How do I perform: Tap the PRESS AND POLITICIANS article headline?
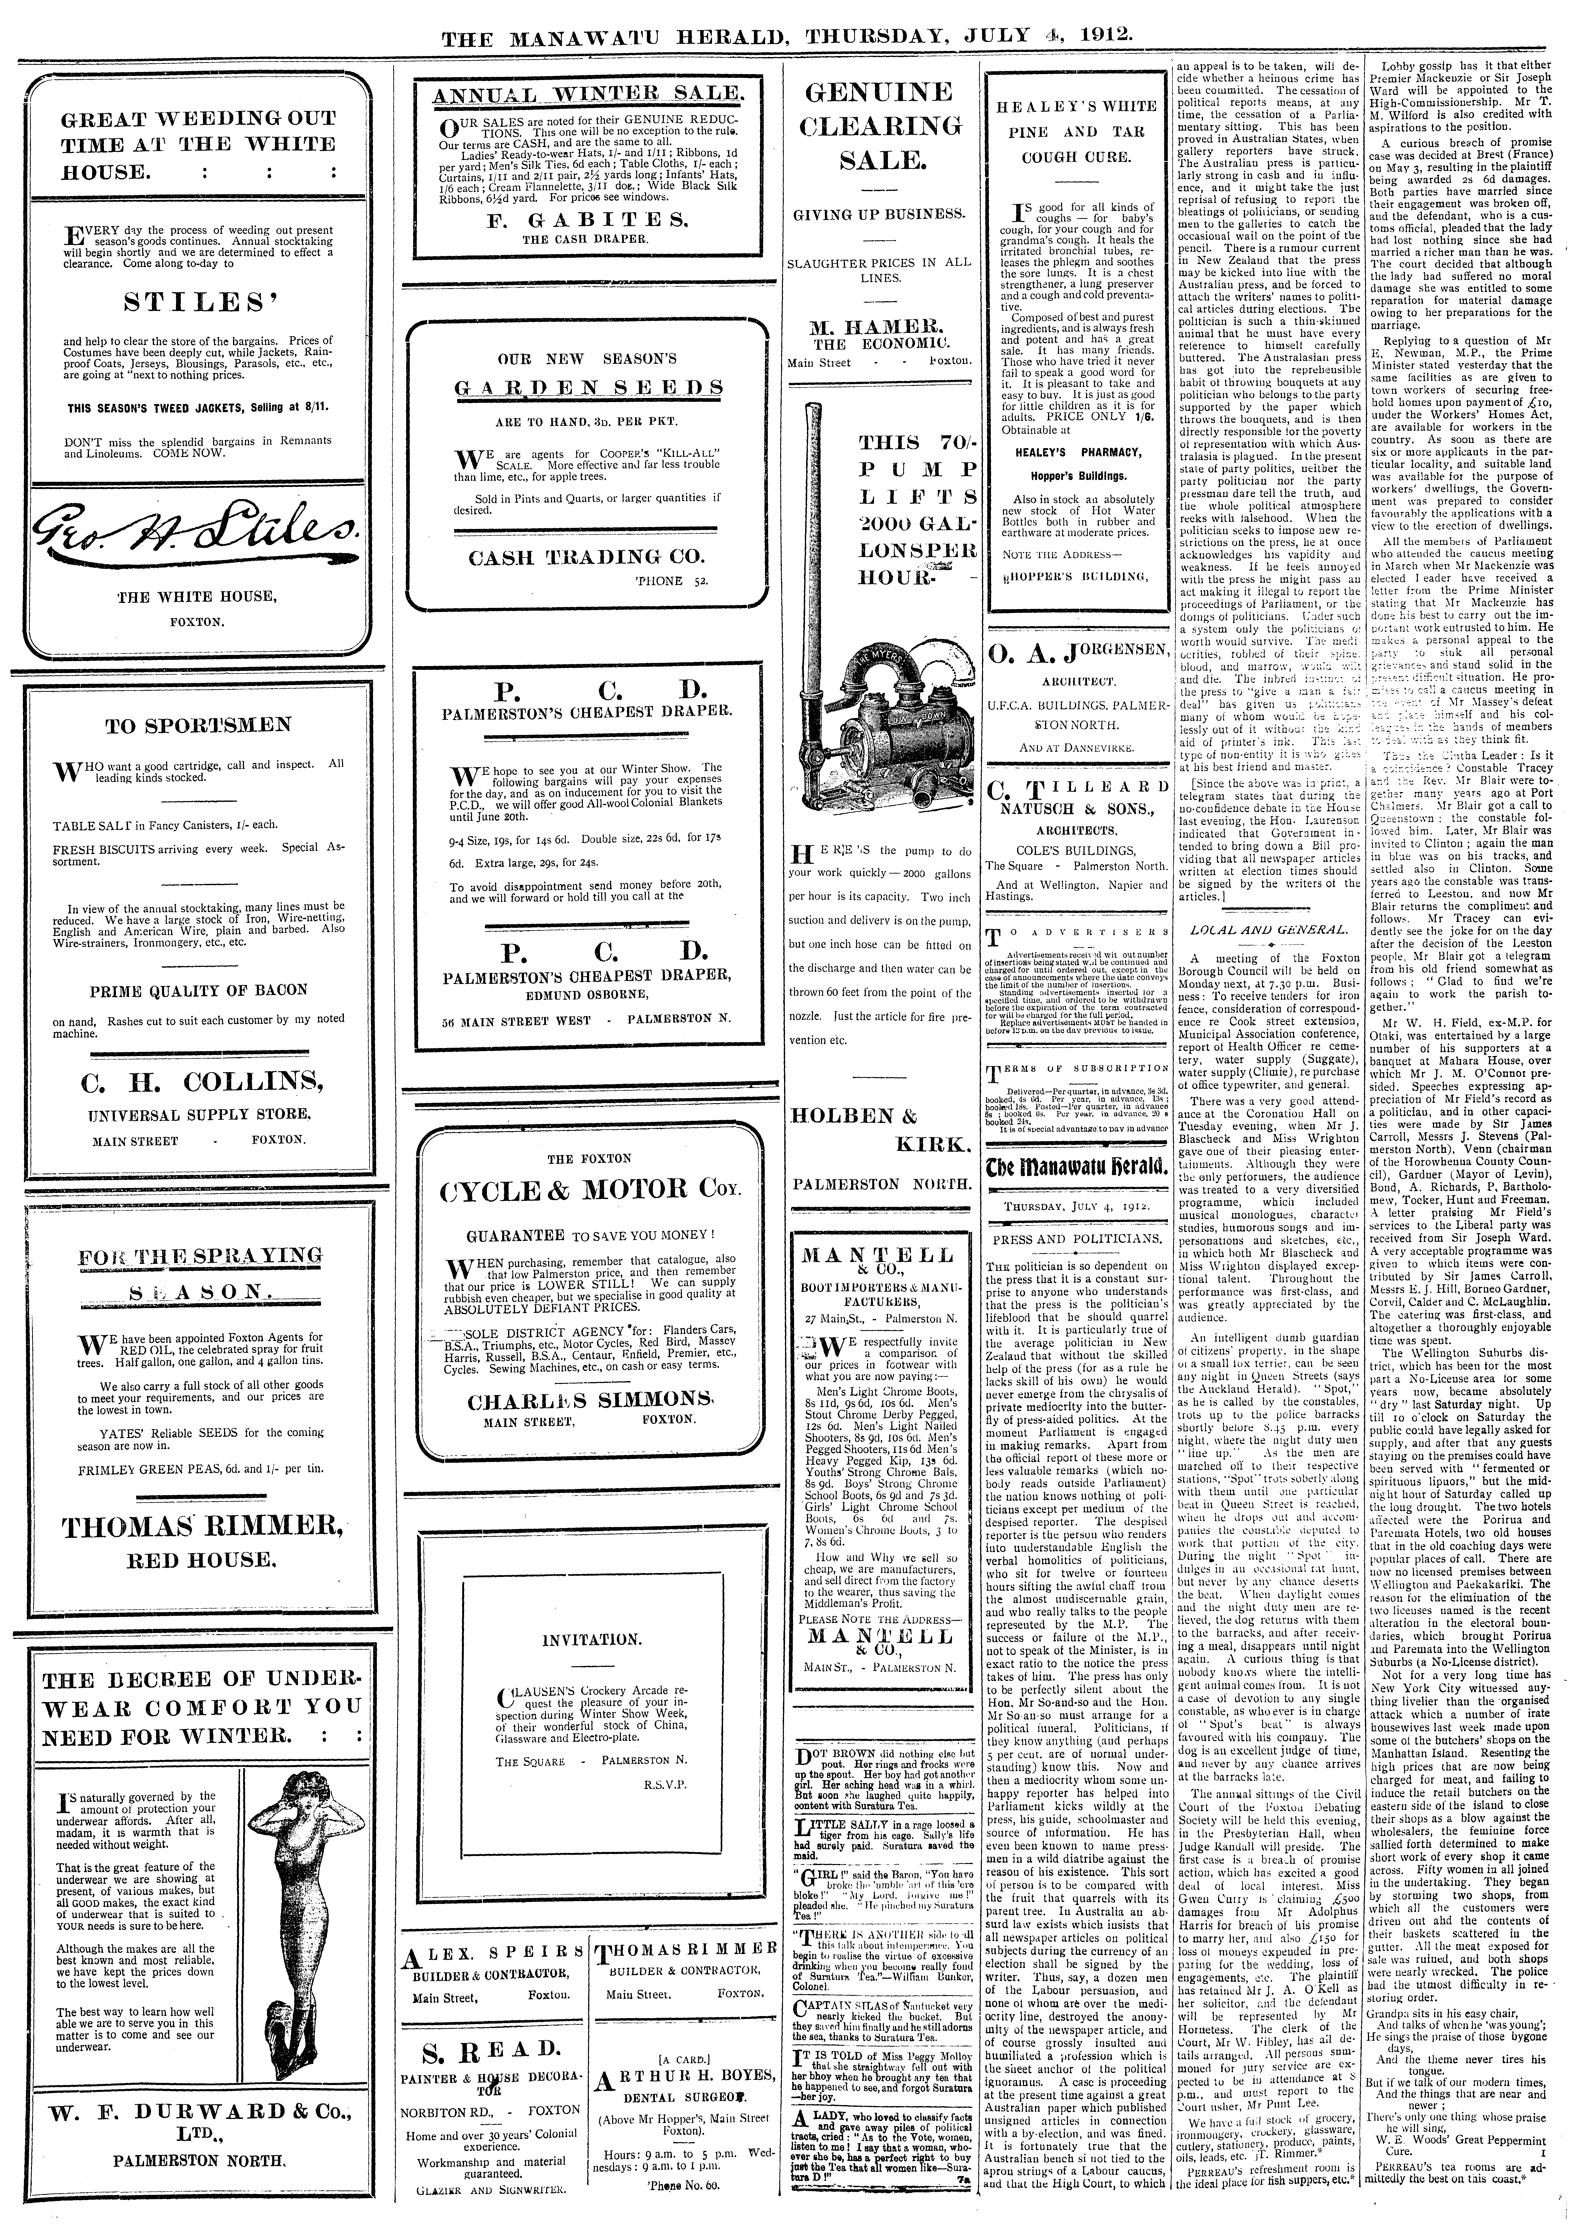tap(1075, 1239)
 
